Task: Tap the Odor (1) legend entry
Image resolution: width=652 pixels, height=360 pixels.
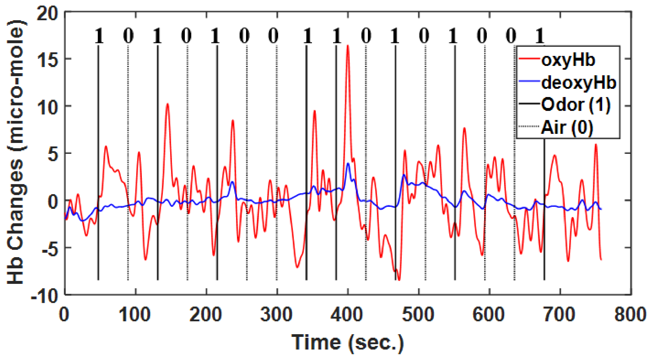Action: [x=576, y=105]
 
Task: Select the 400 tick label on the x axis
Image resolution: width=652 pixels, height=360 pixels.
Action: [x=347, y=315]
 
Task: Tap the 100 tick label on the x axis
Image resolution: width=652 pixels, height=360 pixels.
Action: [x=135, y=315]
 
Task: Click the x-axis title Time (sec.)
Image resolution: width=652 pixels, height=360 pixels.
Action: [x=347, y=342]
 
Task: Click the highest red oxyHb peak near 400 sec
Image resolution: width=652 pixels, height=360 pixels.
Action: [x=348, y=46]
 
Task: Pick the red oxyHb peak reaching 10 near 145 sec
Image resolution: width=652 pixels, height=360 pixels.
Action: [x=167, y=104]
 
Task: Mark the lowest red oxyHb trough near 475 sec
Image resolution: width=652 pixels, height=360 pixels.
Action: [x=399, y=280]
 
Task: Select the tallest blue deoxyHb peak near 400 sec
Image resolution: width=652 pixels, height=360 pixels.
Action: [x=348, y=163]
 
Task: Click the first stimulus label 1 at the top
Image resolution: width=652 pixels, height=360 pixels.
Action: [x=99, y=36]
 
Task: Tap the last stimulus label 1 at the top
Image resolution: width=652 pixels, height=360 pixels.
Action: [x=540, y=36]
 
